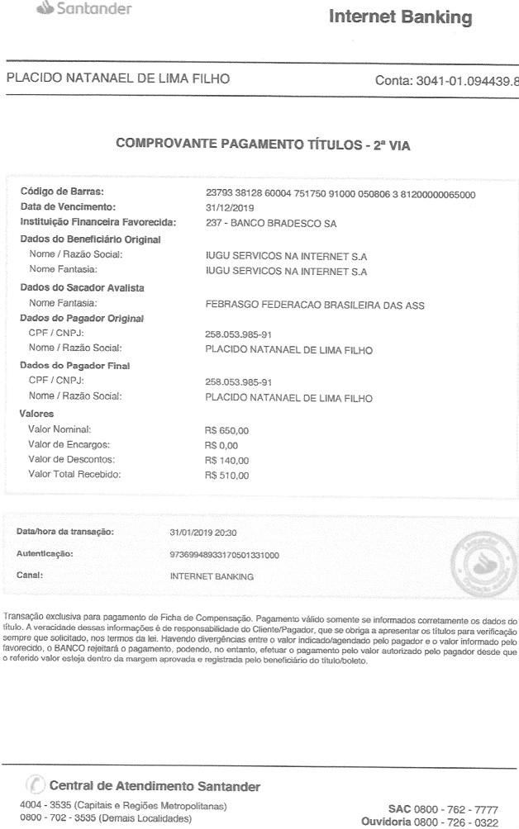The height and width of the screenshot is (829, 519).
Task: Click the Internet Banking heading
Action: pyautogui.click(x=401, y=17)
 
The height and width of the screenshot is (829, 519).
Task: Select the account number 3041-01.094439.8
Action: pyautogui.click(x=446, y=80)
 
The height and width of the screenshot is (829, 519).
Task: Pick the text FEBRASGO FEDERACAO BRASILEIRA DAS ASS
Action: pyautogui.click(x=314, y=303)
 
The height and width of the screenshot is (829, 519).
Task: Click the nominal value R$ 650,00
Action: pyautogui.click(x=226, y=429)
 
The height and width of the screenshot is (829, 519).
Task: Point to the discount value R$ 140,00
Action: pyautogui.click(x=226, y=460)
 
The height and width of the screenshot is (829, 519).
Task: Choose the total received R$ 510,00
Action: pyautogui.click(x=226, y=476)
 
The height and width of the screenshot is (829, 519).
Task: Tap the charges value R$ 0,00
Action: pyautogui.click(x=221, y=444)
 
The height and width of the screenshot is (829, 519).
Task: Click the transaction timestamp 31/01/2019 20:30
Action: pyautogui.click(x=202, y=533)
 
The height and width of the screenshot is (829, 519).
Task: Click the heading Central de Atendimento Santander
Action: pyautogui.click(x=155, y=786)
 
